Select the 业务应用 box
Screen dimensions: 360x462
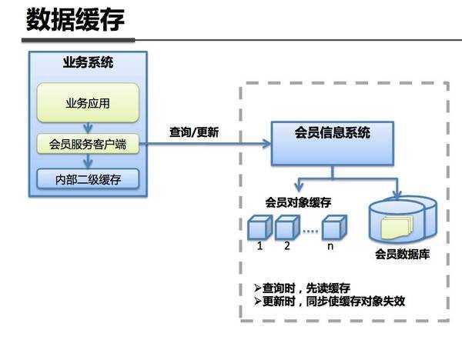coord(89,102)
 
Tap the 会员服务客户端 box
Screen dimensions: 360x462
coord(89,143)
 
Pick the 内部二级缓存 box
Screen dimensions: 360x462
coord(89,181)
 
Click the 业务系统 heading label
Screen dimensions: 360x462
coord(88,63)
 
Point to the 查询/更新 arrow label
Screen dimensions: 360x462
coord(194,132)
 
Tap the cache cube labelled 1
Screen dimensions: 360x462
coord(259,228)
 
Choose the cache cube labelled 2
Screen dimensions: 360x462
coord(286,228)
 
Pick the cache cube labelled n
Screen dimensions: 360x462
coord(332,228)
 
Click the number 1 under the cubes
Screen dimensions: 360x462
coord(260,246)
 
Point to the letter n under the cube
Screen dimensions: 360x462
coord(331,246)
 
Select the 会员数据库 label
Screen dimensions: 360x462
coord(402,254)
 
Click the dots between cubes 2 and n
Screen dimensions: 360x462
coord(310,230)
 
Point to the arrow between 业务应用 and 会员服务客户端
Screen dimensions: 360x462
coord(89,127)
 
